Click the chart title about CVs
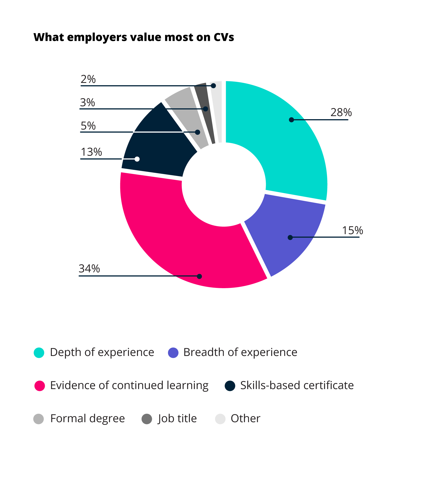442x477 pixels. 134,37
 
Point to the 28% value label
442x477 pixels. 341,113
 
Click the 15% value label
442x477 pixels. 352,230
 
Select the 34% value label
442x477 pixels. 89,269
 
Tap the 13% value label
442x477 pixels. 91,152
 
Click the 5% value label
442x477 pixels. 88,126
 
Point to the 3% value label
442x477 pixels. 87,102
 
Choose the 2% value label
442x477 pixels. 88,79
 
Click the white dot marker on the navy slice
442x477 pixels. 137,159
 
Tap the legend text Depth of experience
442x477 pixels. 102,352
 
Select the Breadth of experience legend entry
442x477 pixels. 240,352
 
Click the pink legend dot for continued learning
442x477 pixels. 39,386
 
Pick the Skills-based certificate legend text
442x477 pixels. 297,385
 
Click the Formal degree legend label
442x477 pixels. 87,418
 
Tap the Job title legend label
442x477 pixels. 177,418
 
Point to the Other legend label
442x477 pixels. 245,418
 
